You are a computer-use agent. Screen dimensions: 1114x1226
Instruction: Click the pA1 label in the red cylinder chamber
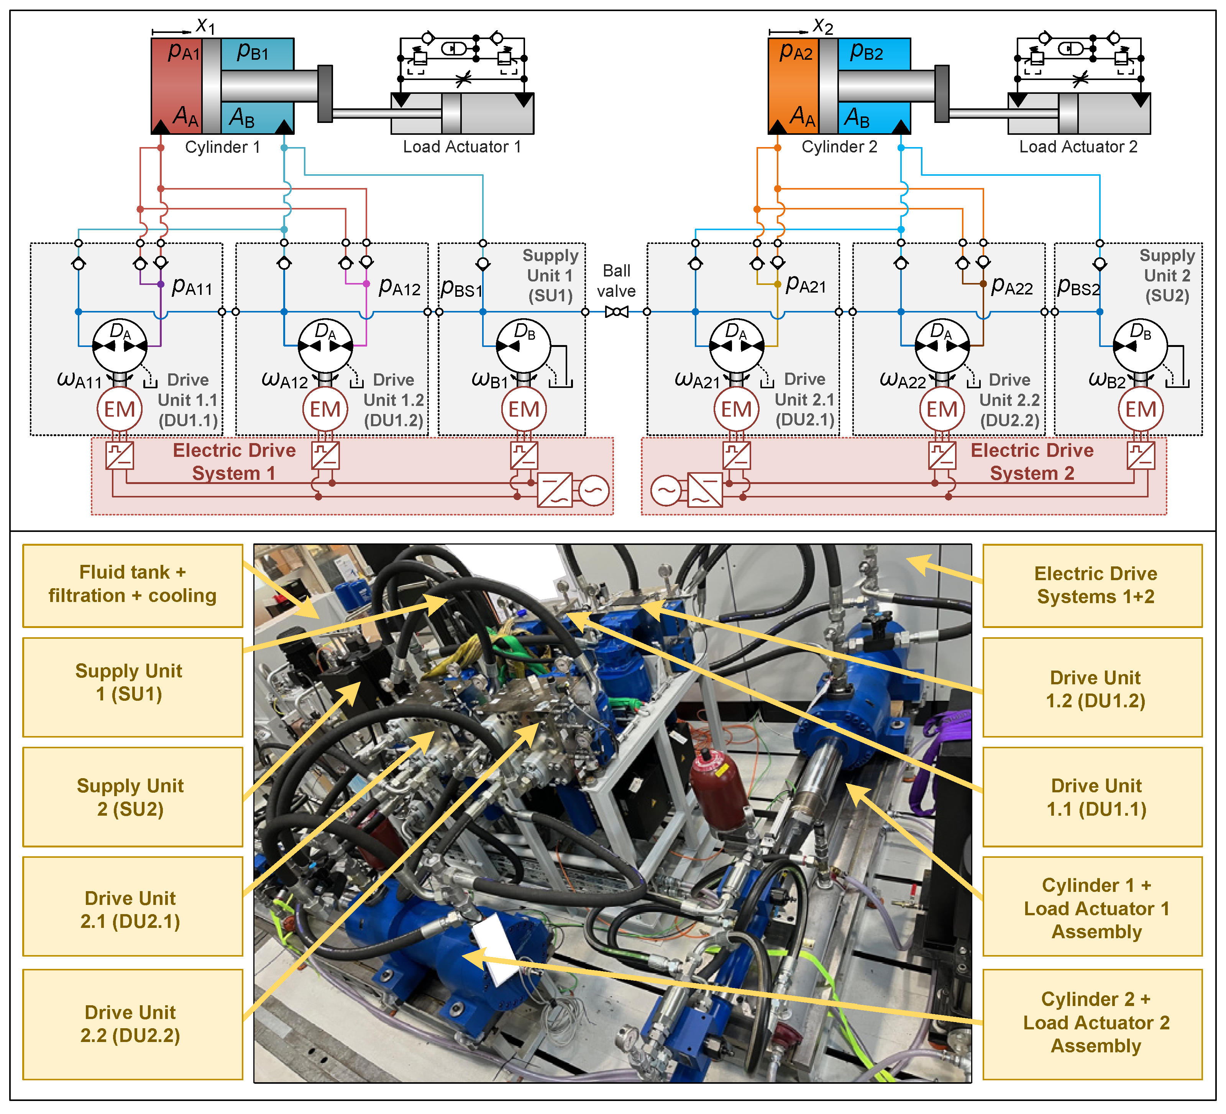pos(183,52)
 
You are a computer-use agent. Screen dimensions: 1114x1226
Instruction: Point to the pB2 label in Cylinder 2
pos(866,52)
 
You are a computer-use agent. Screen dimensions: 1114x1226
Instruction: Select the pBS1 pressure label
pos(461,288)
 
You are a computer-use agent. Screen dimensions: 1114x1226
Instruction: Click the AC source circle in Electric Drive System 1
pos(594,491)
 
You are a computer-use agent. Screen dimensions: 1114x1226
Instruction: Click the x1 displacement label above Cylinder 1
pos(205,26)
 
